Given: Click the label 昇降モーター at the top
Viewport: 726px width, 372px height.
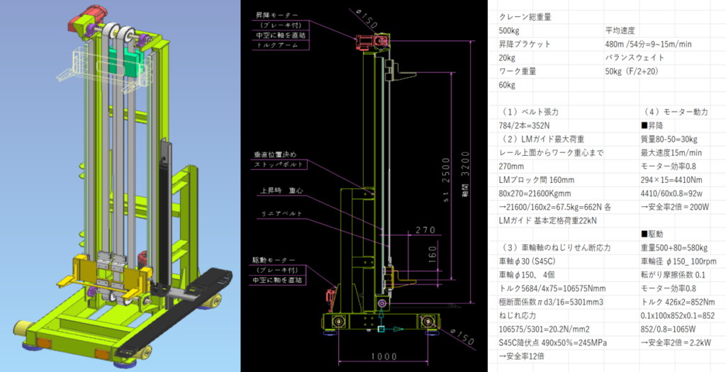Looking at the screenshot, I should coord(277,13).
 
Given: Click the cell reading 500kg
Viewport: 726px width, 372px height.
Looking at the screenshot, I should coord(513,30).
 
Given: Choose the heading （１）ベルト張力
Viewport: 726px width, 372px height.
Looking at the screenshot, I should coord(530,112).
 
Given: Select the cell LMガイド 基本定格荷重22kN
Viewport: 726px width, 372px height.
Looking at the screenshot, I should coord(547,220).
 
